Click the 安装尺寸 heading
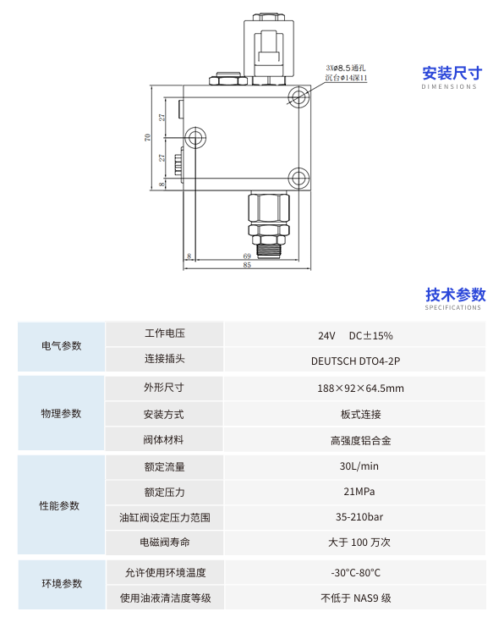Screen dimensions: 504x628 point(452,74)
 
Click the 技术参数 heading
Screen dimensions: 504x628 point(456,295)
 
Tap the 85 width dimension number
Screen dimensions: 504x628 point(247,265)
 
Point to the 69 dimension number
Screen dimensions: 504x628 point(247,256)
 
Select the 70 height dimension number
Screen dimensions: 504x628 point(148,137)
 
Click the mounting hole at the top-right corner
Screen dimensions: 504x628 point(299,96)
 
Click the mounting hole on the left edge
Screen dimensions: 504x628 point(195,138)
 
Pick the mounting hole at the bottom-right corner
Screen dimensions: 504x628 point(299,179)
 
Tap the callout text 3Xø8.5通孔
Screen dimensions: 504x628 point(346,68)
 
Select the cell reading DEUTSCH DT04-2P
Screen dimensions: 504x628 point(355,361)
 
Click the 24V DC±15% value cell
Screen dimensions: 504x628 point(355,335)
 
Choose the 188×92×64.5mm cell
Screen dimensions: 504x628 point(360,388)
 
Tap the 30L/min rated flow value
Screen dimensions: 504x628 point(359,466)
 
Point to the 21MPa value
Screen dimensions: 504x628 point(359,492)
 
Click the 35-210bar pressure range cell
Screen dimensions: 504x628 point(359,517)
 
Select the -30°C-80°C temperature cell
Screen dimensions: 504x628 point(356,573)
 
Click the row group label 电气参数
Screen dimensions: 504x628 point(61,345)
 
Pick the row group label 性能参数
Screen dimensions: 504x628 point(59,505)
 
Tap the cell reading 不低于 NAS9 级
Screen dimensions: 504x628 point(356,598)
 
